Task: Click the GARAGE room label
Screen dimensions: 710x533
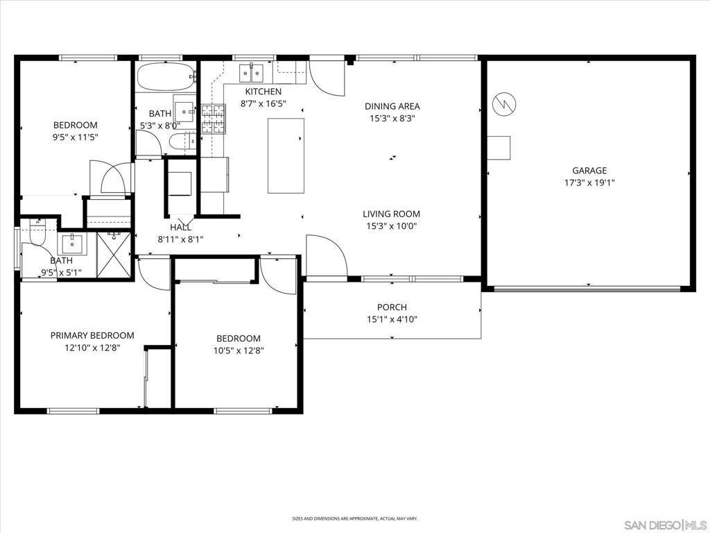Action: pos(589,171)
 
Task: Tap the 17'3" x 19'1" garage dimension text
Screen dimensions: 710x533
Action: pos(589,183)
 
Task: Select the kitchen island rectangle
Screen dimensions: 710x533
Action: pos(286,155)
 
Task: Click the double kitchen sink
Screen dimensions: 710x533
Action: pos(251,73)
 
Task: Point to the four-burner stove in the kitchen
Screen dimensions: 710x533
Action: pos(214,119)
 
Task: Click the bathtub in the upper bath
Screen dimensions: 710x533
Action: pos(166,76)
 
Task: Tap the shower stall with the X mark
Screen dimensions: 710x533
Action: pos(114,254)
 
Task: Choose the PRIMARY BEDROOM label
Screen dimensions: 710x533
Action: pos(92,335)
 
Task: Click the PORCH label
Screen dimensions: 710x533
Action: pos(392,307)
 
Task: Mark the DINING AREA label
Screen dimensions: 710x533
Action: pos(392,106)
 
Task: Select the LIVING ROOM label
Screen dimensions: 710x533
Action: pos(391,214)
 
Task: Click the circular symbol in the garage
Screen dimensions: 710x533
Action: pos(504,104)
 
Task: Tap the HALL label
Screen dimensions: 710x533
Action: pos(181,228)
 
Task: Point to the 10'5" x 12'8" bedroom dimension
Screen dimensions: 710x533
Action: pos(239,350)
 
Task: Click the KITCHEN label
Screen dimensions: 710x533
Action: pos(263,92)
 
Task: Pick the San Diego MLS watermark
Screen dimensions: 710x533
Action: pos(666,525)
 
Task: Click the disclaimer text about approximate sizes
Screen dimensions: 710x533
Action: pos(354,518)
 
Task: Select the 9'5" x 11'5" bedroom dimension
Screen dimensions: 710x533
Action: pos(75,137)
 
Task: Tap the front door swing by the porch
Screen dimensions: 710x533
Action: pos(327,255)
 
